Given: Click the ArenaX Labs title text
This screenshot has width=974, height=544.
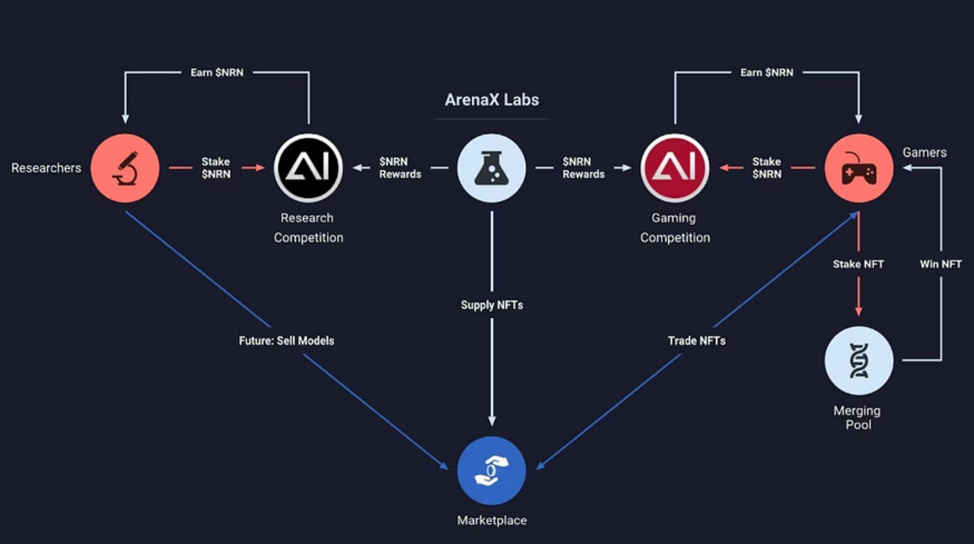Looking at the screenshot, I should tap(492, 100).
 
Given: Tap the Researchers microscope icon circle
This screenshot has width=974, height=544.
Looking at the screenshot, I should tap(125, 168).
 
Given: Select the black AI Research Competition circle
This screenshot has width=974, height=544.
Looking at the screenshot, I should tap(308, 168).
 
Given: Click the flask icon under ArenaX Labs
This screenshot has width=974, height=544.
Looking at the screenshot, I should tap(492, 168).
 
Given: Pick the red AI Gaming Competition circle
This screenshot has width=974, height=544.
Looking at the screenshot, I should tap(675, 168).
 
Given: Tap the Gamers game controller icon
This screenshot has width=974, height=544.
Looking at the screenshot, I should tap(859, 168).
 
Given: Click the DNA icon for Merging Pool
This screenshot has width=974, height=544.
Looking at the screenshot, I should tap(859, 357).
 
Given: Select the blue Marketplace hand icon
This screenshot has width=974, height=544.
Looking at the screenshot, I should tap(492, 471).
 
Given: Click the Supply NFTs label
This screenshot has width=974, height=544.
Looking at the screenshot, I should tap(492, 305).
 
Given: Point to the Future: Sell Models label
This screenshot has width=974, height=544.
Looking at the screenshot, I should tap(286, 340).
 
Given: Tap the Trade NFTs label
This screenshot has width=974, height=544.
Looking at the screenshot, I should tap(696, 340).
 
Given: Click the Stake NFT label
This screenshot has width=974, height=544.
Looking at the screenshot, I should tap(858, 264).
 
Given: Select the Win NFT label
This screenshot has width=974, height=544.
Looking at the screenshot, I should tap(941, 264).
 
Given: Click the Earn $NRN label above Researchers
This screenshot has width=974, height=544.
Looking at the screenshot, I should tap(217, 72).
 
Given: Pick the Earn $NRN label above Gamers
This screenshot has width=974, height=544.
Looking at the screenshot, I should tap(766, 72).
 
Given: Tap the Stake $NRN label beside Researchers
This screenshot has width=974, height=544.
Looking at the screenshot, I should tap(215, 168).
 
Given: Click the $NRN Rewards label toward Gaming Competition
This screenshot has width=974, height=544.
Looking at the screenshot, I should tap(584, 168).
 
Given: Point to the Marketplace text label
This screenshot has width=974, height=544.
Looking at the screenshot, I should tap(492, 520).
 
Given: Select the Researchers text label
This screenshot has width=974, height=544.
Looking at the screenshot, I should tap(46, 168).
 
